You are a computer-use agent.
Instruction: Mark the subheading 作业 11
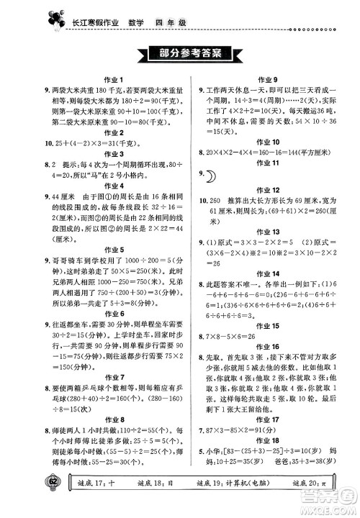pos(266,164)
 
